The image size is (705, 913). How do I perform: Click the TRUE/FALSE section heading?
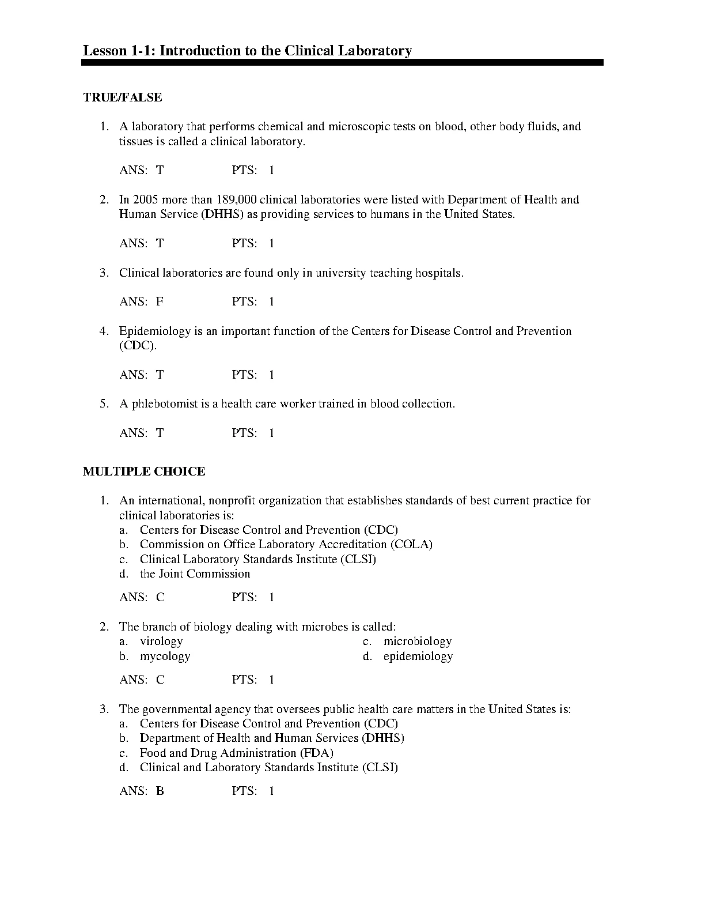123,97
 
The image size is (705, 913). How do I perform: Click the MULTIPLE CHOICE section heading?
144,471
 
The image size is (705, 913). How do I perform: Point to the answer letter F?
160,301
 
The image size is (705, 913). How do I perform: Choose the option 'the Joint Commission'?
195,574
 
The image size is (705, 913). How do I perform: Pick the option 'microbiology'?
418,641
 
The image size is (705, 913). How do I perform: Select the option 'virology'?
161,641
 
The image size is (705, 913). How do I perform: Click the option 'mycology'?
165,656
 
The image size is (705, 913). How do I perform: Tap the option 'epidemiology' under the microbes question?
418,656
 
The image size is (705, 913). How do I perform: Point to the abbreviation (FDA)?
316,753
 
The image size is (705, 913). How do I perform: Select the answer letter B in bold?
160,791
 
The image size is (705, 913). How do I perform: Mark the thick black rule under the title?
342,62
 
